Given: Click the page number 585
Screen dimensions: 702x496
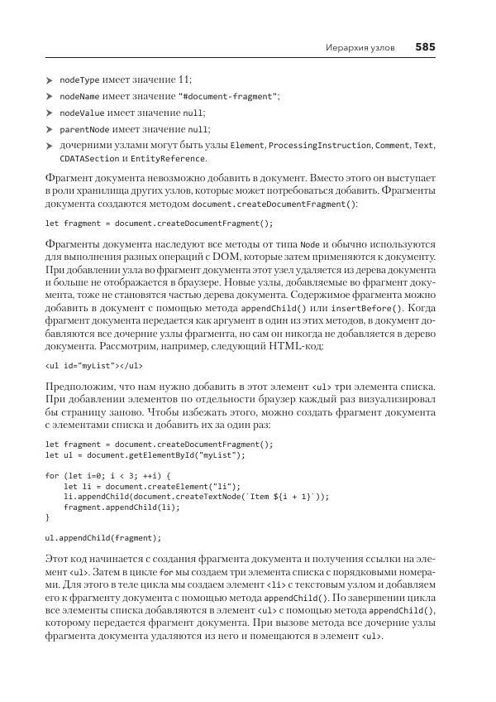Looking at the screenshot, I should pos(425,47).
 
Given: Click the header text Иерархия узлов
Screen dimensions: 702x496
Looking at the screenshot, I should pos(359,48).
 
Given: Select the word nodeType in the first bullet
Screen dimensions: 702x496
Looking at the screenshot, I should pos(79,79).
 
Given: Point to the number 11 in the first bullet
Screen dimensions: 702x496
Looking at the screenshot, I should pos(185,79).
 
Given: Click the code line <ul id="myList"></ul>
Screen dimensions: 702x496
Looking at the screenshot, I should pos(93,365).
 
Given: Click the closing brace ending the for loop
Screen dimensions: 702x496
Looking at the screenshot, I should pos(47,517).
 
